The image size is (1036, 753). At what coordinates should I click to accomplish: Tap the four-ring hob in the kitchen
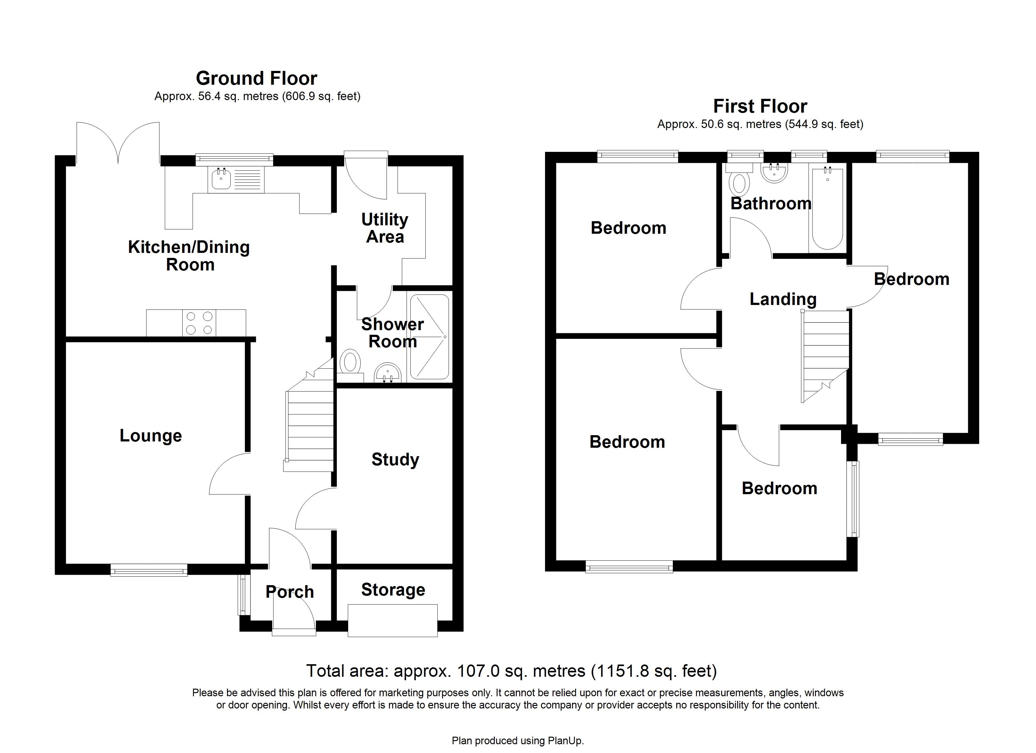click(x=199, y=323)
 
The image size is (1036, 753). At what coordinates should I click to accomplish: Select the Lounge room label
click(x=151, y=435)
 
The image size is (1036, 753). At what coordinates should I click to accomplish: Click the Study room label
click(x=395, y=459)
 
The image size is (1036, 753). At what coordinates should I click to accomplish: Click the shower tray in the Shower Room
click(x=429, y=337)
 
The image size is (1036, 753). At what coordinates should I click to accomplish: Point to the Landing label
click(x=783, y=299)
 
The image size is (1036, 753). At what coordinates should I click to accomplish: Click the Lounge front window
click(x=149, y=569)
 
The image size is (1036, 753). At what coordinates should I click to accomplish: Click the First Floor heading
click(x=760, y=106)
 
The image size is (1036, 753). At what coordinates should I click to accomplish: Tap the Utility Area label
click(x=385, y=228)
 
